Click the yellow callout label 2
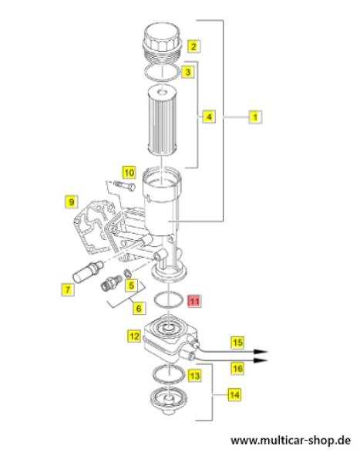pyautogui.click(x=193, y=46)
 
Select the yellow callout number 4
pyautogui.click(x=209, y=117)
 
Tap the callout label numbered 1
pyautogui.click(x=255, y=117)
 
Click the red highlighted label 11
pyautogui.click(x=194, y=301)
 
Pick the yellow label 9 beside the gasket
pyautogui.click(x=71, y=202)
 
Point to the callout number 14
pyautogui.click(x=234, y=394)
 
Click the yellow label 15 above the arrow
pyautogui.click(x=237, y=343)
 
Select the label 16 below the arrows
pyautogui.click(x=237, y=368)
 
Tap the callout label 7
pyautogui.click(x=68, y=289)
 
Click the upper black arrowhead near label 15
pyautogui.click(x=261, y=351)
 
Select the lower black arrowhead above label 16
pyautogui.click(x=261, y=360)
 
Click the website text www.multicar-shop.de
pyautogui.click(x=291, y=441)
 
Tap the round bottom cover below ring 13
pyautogui.click(x=169, y=401)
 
